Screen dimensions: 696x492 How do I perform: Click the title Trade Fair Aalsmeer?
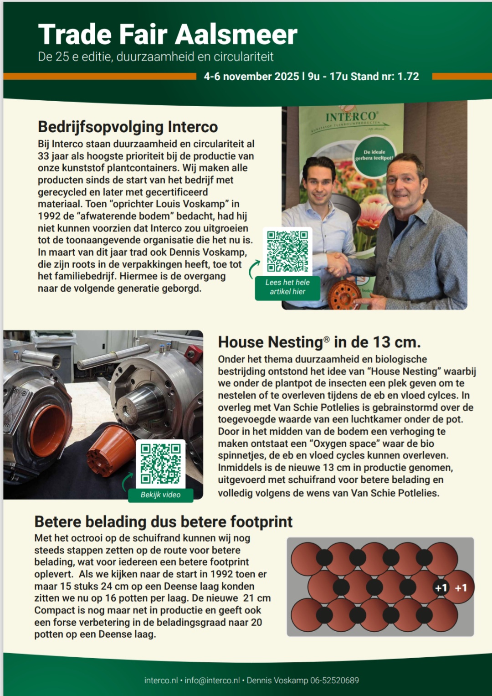coord(168,35)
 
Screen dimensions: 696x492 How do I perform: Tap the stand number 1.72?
coord(408,77)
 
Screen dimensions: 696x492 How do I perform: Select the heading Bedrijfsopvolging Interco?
coord(128,127)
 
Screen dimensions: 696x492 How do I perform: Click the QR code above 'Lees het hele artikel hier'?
coord(287,251)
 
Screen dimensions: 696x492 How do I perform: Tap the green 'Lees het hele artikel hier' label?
coord(287,287)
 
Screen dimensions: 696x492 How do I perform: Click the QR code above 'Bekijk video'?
coord(160,464)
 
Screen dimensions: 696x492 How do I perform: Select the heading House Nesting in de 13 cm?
coord(319,342)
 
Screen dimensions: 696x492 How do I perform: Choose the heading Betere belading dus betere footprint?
coord(163,521)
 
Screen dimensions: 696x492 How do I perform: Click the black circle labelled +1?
coord(441,588)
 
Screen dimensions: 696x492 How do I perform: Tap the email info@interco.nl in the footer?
coord(212,681)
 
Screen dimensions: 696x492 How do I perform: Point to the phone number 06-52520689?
coord(334,681)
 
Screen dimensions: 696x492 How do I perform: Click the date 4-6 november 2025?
coord(251,77)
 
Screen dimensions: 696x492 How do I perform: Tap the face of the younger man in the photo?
coord(320,180)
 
